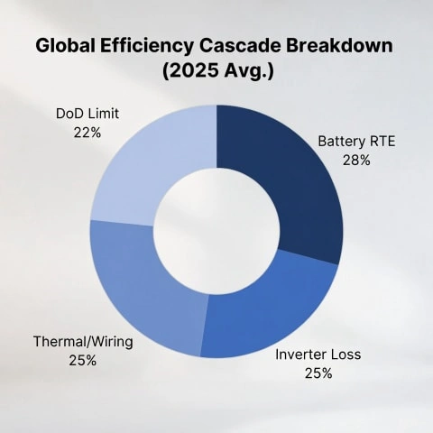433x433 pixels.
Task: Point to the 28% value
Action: (x=356, y=160)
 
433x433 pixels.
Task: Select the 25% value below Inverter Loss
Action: (x=318, y=373)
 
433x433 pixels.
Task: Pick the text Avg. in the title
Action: (x=252, y=73)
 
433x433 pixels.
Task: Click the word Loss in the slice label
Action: (x=346, y=355)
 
